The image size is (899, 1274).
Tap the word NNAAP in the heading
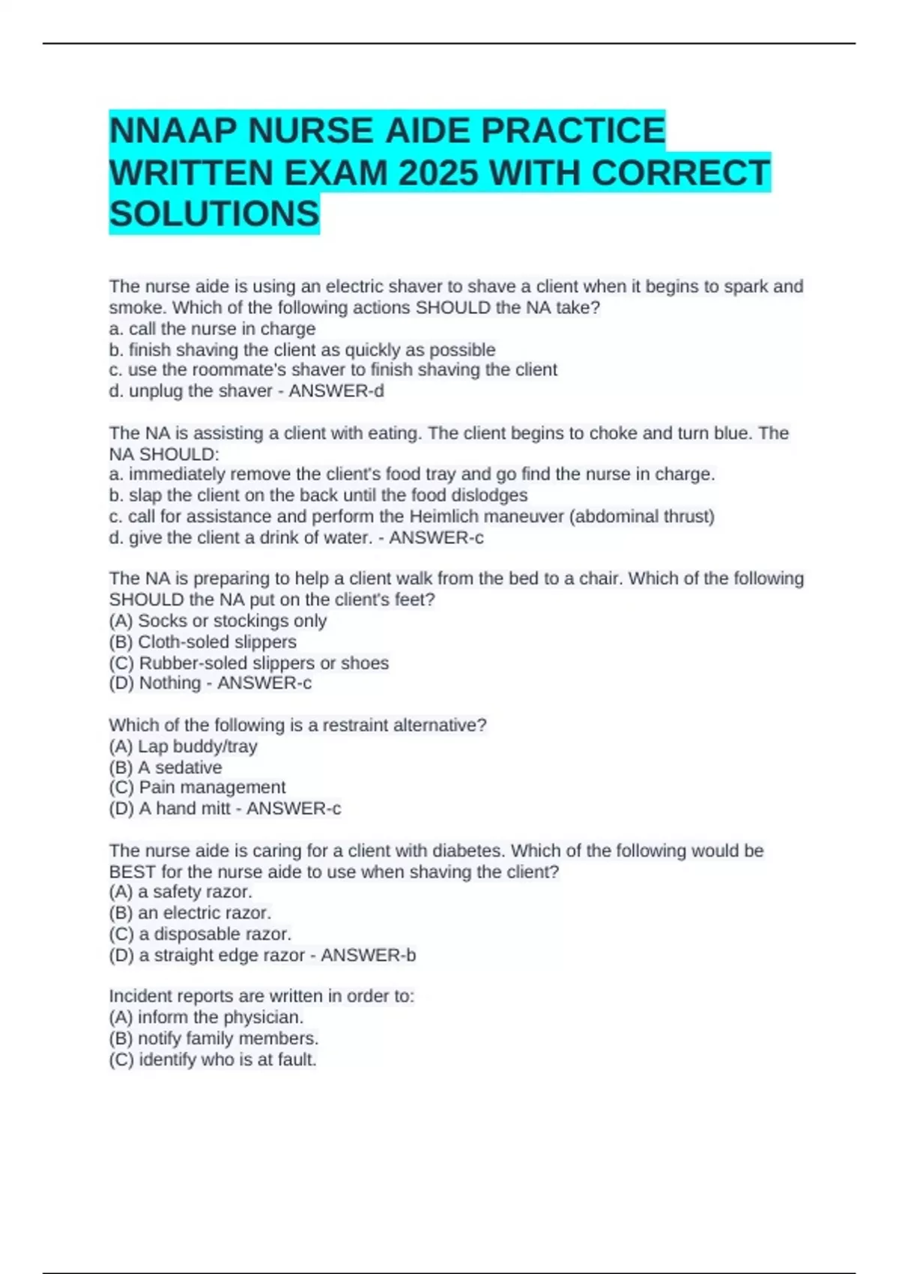pos(174,131)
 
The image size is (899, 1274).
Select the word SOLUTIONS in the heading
pos(214,214)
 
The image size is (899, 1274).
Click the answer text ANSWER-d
pos(336,390)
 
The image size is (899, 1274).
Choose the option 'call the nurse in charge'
pos(222,328)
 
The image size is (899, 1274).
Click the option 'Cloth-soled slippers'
pos(217,641)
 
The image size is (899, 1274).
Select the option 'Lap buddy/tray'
pos(198,746)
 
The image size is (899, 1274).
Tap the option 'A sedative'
pos(180,767)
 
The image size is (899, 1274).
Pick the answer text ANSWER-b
pos(368,955)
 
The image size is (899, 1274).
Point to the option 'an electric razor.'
pos(204,913)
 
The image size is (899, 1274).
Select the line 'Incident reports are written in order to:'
pos(261,996)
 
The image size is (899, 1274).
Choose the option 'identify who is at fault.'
pos(227,1059)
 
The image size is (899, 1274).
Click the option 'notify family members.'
pos(228,1038)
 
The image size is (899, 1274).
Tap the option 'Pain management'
pos(212,787)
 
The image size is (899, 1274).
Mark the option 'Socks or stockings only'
pos(232,621)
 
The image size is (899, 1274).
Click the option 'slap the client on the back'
pos(328,495)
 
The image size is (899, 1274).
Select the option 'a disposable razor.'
pos(215,934)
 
